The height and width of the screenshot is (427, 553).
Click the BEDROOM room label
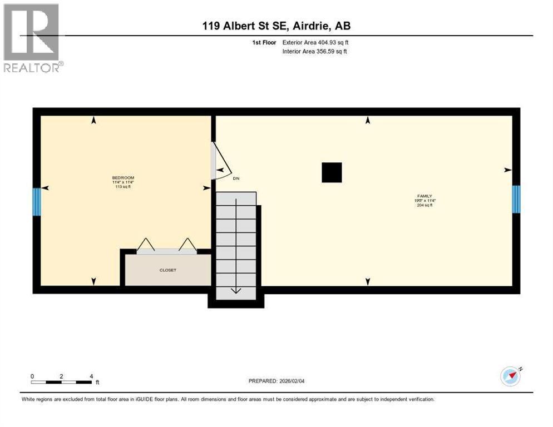click(x=124, y=178)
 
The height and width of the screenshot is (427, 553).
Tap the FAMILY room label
click(x=424, y=196)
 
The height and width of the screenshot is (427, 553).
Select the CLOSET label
click(x=167, y=270)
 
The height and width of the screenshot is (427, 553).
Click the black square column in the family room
click(x=332, y=172)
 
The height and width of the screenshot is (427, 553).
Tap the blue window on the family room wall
click(x=516, y=199)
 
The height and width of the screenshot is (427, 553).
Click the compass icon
click(x=510, y=376)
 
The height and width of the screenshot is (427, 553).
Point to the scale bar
click(x=61, y=382)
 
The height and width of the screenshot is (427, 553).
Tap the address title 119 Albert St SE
click(x=276, y=26)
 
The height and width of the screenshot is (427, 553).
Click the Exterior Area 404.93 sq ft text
click(x=315, y=42)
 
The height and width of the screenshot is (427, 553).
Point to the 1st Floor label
click(x=264, y=42)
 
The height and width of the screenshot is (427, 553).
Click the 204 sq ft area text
click(x=424, y=205)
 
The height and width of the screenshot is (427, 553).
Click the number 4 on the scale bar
click(x=91, y=376)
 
